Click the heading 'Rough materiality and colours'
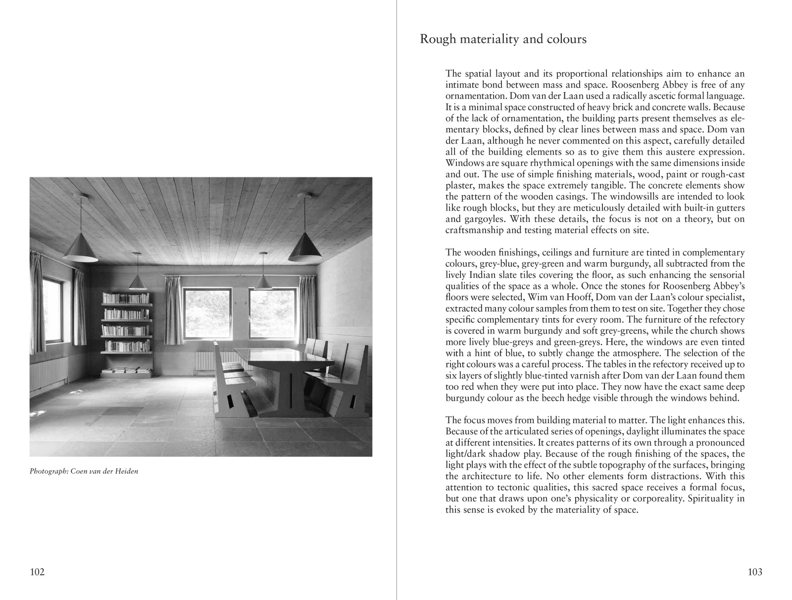click(503, 39)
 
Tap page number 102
click(38, 572)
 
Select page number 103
click(755, 572)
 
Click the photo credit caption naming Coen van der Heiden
click(84, 471)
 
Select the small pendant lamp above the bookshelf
click(137, 282)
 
